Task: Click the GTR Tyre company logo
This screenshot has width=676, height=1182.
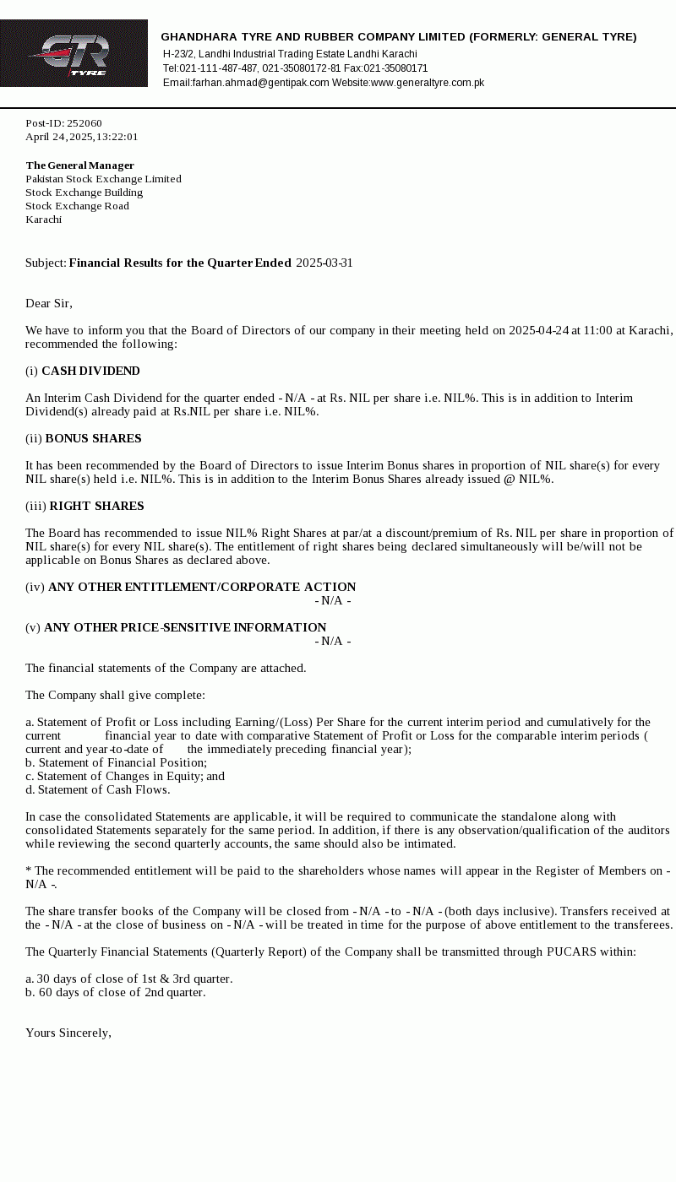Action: (74, 53)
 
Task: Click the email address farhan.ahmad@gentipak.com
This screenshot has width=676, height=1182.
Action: (260, 83)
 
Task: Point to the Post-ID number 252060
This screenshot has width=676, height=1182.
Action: (84, 123)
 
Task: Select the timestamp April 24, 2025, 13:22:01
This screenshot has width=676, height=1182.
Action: (81, 137)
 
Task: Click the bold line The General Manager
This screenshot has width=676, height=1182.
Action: (79, 165)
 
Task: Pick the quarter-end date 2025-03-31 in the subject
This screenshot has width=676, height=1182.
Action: (324, 263)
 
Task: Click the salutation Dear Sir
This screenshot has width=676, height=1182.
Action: (49, 303)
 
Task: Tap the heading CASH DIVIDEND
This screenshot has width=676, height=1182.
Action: (90, 371)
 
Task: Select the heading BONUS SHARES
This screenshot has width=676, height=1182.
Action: (93, 438)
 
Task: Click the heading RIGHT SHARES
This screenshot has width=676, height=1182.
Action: (96, 506)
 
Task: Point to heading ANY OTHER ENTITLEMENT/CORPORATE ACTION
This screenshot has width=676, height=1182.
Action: (202, 587)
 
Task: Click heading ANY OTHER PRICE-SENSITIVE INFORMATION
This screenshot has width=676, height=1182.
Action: (185, 627)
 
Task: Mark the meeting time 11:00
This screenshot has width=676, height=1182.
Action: (597, 330)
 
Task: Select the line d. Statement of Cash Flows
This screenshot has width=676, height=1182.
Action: (97, 789)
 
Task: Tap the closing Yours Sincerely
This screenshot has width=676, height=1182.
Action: (68, 1033)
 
